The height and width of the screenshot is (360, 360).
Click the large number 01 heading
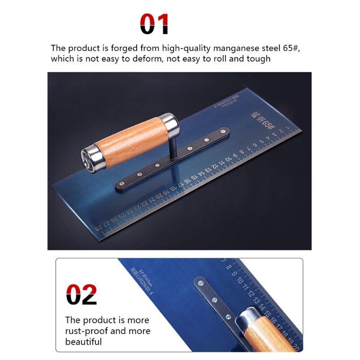(x=154, y=24)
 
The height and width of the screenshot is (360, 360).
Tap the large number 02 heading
(x=81, y=294)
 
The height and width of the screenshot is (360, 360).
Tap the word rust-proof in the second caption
(x=85, y=331)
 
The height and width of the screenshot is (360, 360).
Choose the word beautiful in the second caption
(x=84, y=342)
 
